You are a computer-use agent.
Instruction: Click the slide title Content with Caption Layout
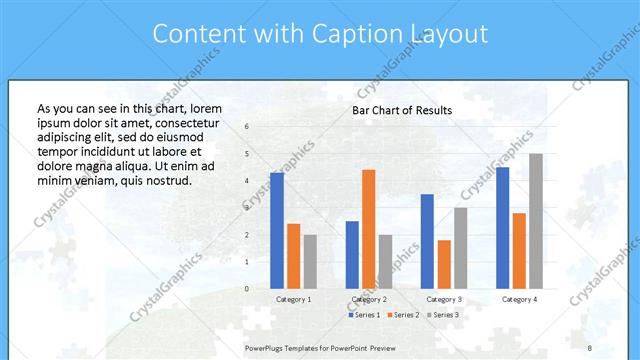click(320, 34)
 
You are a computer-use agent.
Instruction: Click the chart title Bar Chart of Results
click(402, 110)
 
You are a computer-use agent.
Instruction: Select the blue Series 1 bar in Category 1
click(276, 230)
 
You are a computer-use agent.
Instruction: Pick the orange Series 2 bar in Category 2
click(368, 229)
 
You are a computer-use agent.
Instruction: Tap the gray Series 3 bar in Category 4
click(536, 221)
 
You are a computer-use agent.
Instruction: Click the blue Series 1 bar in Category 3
click(427, 241)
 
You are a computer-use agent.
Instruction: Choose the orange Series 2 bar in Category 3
click(444, 264)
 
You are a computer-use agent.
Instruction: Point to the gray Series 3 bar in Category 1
click(310, 261)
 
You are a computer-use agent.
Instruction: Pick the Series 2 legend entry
click(402, 315)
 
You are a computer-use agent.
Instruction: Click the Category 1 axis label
click(293, 299)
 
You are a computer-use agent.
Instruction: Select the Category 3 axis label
click(444, 299)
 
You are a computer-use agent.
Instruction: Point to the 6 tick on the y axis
click(246, 127)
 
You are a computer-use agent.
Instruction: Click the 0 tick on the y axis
click(246, 289)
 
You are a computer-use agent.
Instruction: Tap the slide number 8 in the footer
click(590, 347)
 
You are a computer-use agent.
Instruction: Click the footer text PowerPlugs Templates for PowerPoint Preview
click(320, 347)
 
